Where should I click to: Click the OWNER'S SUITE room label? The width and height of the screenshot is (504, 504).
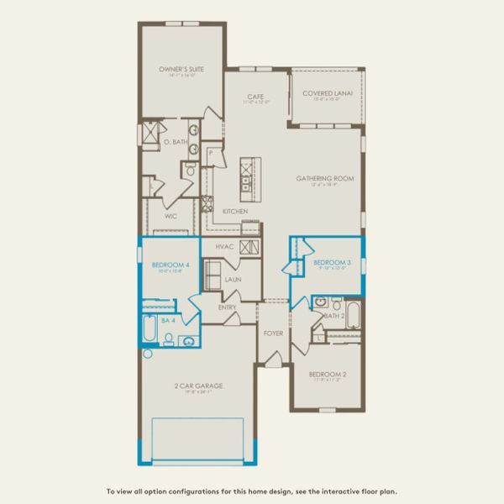coord(182,70)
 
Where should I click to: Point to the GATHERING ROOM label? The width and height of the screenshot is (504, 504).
coord(324,178)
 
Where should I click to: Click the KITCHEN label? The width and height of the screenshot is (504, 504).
coord(234,211)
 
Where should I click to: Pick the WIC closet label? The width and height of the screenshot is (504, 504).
coord(170,215)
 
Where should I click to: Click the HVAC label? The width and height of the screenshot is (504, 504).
coord(223,246)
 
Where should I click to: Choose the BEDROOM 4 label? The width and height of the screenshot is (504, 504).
coord(166,266)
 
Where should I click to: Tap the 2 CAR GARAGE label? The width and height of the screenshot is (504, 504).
coord(199,386)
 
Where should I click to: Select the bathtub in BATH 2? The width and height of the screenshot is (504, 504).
coord(354,318)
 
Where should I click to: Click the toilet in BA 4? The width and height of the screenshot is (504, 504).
coord(169,340)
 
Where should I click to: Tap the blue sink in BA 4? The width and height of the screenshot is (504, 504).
coord(188,341)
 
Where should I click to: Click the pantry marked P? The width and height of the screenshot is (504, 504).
coord(210,154)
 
